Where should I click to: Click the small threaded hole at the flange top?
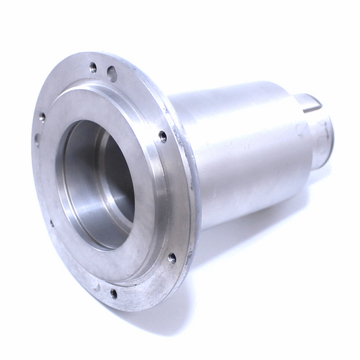pyautogui.click(x=93, y=66)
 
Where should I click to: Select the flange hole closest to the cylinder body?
pyautogui.click(x=163, y=136)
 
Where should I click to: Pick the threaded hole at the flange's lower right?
pyautogui.click(x=172, y=257)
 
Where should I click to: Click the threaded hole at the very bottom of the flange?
pyautogui.click(x=113, y=292)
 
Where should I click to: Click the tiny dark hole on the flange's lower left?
pyautogui.click(x=52, y=223)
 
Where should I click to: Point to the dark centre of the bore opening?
pyautogui.click(x=111, y=182)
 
